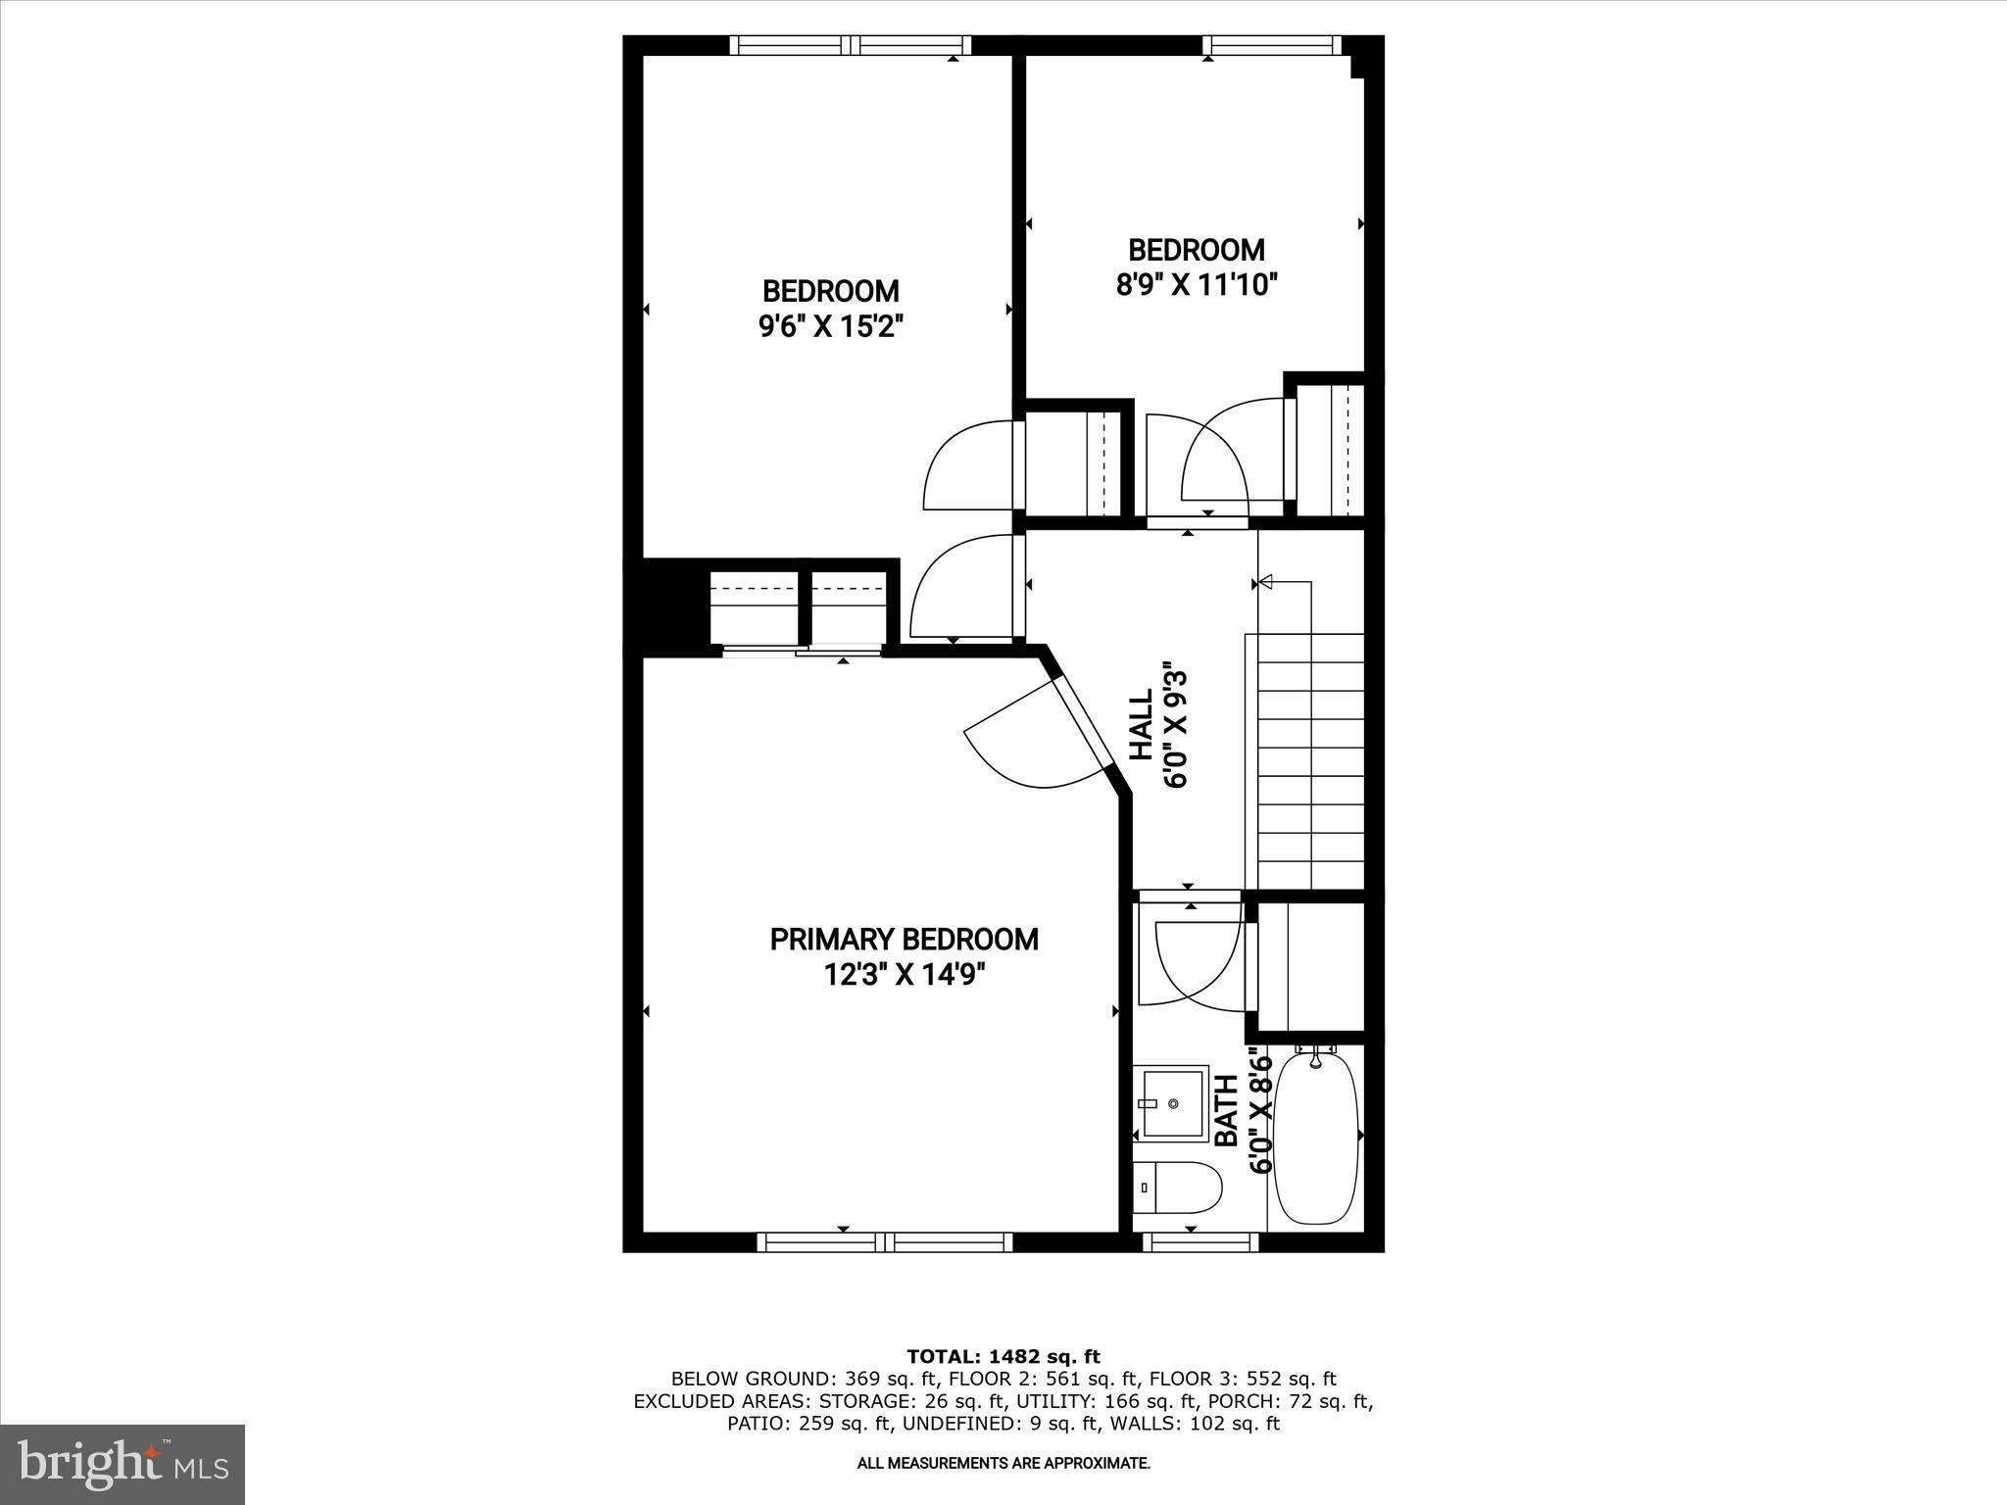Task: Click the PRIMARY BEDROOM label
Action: [x=904, y=940]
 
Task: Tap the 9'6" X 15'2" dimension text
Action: [x=830, y=326]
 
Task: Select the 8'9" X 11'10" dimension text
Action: [x=1197, y=285]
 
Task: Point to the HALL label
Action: [x=1142, y=725]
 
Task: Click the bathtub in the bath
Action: [x=1316, y=1137]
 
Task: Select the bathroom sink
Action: [x=1172, y=1103]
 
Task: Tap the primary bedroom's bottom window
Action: [x=885, y=1242]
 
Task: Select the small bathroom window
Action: [x=1200, y=1242]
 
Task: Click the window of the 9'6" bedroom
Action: [x=851, y=45]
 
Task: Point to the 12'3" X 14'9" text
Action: [x=904, y=976]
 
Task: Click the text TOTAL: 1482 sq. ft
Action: [x=1003, y=1357]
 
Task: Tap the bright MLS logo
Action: [x=122, y=1464]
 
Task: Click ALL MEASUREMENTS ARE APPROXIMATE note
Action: [x=1003, y=1464]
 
